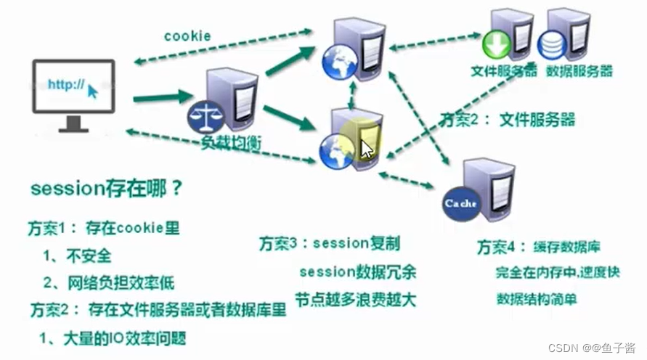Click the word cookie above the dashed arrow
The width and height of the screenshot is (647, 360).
point(187,35)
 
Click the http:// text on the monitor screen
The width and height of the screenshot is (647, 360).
point(66,84)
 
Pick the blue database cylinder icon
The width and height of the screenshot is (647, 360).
point(553,46)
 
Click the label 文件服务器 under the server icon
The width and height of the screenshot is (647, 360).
point(504,71)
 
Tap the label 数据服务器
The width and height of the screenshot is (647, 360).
point(579,71)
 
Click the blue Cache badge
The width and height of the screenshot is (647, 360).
point(460,203)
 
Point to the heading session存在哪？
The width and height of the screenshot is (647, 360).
point(107,189)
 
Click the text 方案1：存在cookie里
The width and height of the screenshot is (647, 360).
point(105,227)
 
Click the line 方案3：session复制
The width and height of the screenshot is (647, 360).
point(330,243)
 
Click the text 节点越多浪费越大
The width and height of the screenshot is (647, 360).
point(355,299)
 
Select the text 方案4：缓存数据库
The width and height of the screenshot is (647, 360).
point(539,247)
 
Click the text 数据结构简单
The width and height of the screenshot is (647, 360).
point(537,298)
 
